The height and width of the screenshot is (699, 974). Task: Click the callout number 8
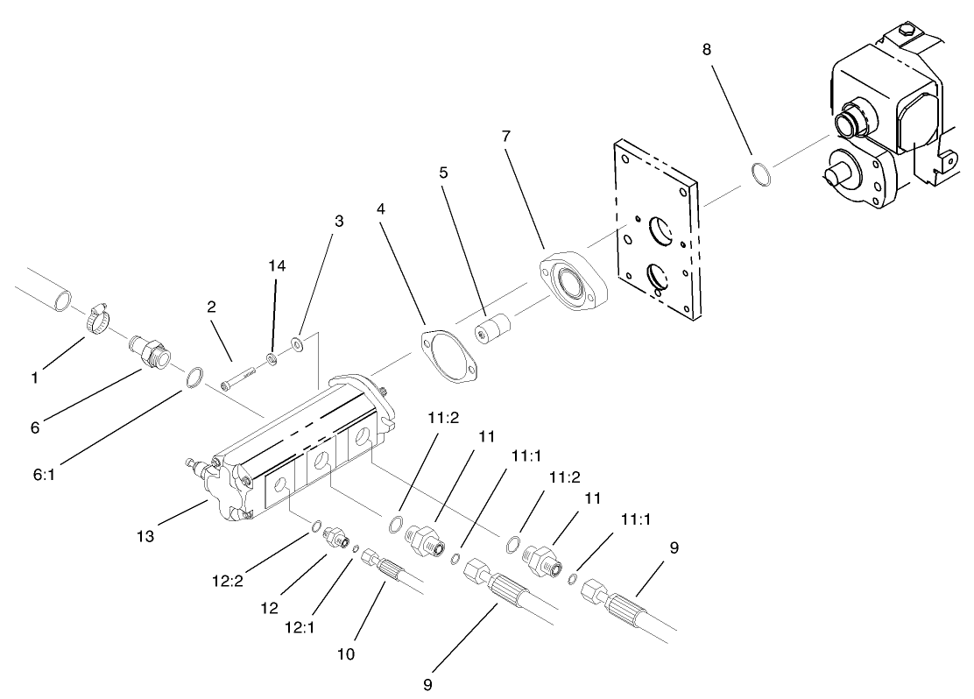(706, 49)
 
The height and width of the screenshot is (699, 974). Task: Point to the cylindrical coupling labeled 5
(491, 334)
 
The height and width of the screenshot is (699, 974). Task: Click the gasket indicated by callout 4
(451, 355)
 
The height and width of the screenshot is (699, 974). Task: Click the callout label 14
(277, 265)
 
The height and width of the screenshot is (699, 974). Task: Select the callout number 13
(145, 536)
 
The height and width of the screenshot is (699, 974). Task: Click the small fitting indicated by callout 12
(336, 536)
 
